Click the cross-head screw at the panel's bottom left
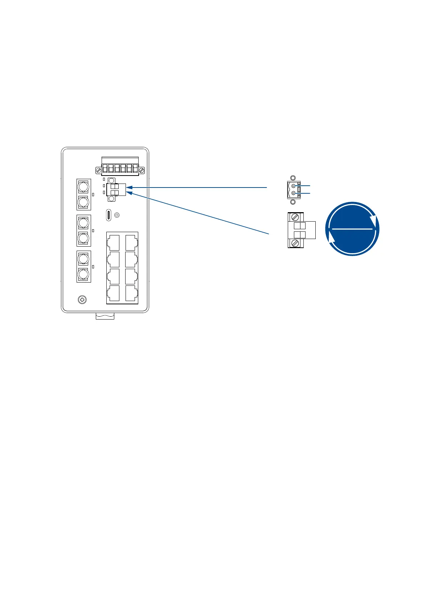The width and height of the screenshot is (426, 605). (82, 300)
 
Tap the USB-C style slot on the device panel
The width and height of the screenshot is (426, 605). (108, 215)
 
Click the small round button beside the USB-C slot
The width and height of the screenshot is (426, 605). (117, 215)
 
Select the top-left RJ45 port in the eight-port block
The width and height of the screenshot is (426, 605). (114, 242)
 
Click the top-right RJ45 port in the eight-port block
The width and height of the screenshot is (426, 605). (131, 242)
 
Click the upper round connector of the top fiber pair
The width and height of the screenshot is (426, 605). (83, 186)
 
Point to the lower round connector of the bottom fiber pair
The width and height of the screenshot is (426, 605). (83, 274)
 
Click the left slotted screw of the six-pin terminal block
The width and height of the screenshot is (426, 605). (98, 170)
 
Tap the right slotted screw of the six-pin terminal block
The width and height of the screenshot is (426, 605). (142, 170)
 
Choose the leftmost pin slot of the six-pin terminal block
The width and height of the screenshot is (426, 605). (105, 168)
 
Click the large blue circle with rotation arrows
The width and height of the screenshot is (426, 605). (352, 229)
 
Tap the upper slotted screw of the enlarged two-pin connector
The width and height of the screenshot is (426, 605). (295, 217)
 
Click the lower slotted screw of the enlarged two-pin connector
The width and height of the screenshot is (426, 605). (295, 243)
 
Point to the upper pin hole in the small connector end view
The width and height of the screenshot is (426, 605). (294, 186)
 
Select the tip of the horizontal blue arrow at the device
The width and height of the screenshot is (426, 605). (127, 187)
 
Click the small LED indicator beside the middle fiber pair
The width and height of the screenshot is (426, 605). (93, 230)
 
